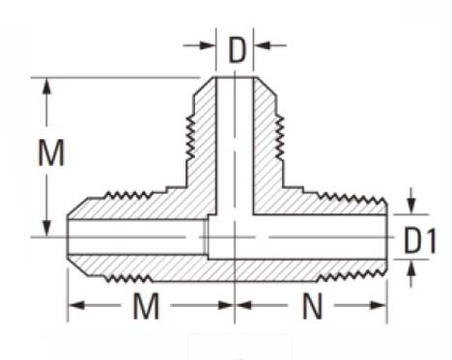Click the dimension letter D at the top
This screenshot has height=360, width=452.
pos(237,50)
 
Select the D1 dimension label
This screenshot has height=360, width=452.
pos(420,240)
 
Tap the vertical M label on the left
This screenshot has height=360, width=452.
pos(51,152)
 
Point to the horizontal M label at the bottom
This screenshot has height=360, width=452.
pos(146,306)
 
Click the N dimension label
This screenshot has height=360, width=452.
pos(312,306)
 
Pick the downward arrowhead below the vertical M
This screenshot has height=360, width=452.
pos(47,229)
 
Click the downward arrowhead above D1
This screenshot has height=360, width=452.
pos(411,207)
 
